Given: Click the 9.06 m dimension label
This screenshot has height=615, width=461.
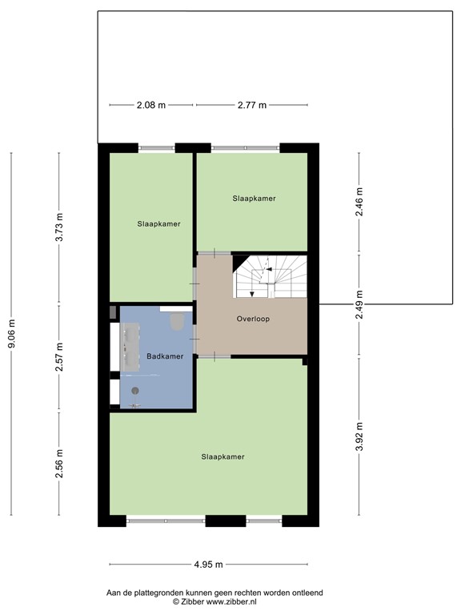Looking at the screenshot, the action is [x=12, y=333].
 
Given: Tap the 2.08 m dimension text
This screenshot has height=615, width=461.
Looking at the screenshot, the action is [x=151, y=105].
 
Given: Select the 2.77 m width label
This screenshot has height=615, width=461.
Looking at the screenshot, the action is [x=252, y=105].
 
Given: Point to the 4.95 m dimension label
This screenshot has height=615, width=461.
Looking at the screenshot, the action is [x=209, y=565].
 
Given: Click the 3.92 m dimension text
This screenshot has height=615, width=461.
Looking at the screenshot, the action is [x=359, y=436].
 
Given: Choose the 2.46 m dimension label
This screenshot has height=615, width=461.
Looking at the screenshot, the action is [x=359, y=202].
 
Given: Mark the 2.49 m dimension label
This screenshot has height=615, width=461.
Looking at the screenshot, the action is [x=359, y=304].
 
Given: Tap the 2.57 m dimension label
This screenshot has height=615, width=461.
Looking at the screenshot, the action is [x=59, y=357].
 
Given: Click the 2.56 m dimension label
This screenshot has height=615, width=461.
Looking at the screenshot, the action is [x=59, y=464].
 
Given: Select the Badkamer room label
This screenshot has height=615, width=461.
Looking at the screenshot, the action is [x=165, y=356].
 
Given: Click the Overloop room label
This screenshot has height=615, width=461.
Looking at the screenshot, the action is [x=253, y=319].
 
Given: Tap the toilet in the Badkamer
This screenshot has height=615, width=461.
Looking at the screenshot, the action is [x=177, y=321].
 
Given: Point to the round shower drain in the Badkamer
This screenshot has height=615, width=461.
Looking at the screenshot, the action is [x=135, y=390].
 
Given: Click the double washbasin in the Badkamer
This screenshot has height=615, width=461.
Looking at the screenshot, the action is [x=130, y=347].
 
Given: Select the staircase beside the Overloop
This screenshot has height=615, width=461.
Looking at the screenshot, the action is [x=270, y=276].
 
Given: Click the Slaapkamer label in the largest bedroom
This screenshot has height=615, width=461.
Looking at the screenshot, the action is [x=223, y=456].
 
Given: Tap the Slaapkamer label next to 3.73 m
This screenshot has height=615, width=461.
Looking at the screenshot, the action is [x=158, y=224].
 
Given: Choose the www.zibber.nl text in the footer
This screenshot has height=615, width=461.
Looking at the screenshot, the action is [x=231, y=601].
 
